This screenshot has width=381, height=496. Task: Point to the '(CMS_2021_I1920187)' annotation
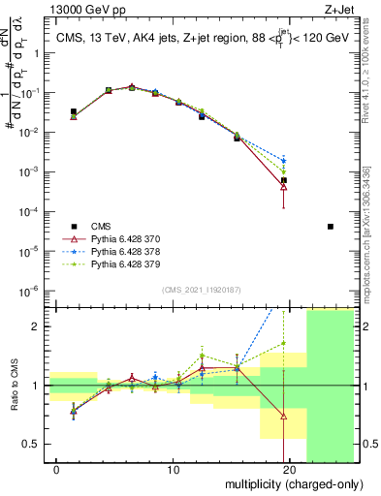click(203, 290)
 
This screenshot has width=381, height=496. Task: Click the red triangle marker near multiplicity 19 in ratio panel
click(284, 417)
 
